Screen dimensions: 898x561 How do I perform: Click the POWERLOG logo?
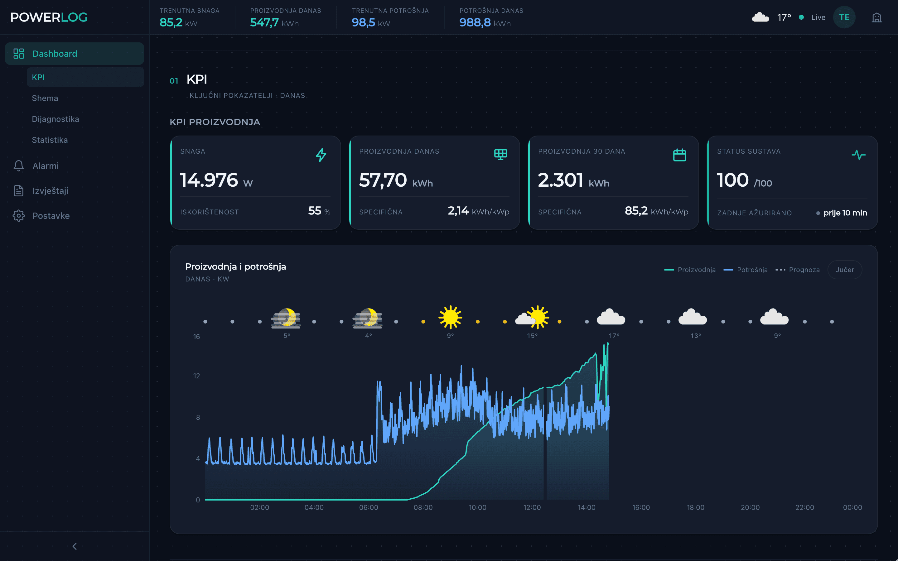click(x=49, y=17)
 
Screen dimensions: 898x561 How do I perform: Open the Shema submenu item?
click(x=45, y=98)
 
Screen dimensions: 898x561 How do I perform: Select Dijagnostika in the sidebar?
click(x=55, y=119)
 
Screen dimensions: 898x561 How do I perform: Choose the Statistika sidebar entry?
click(x=50, y=140)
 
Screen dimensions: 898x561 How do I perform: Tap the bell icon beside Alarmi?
click(x=19, y=165)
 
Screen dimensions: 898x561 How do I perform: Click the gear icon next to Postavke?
click(x=19, y=216)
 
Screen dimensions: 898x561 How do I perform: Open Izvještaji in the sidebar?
click(x=50, y=191)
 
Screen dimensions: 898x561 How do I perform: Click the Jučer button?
click(x=845, y=270)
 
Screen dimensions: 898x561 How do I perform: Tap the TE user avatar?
click(x=844, y=17)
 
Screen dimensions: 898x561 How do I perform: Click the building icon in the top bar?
click(x=876, y=17)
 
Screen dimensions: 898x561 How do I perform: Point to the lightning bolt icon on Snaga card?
click(x=321, y=155)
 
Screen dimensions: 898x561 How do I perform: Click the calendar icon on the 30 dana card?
click(x=679, y=155)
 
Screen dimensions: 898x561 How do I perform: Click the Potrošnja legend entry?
click(x=746, y=270)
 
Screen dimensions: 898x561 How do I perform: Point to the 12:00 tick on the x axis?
click(x=532, y=507)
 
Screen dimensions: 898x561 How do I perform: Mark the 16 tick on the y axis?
click(x=196, y=337)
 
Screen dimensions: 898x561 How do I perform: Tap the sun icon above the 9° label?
click(x=450, y=317)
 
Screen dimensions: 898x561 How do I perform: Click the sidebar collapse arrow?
click(x=75, y=546)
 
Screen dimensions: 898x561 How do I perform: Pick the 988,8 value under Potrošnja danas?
click(x=475, y=23)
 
